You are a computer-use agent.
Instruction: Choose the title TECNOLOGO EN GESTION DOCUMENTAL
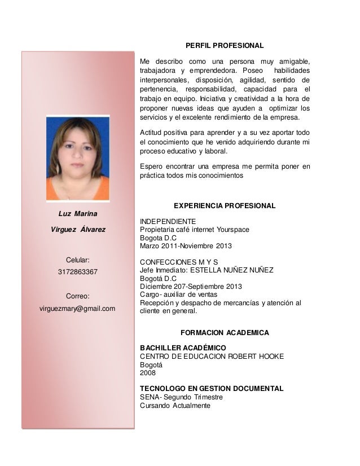pos(212,389)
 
